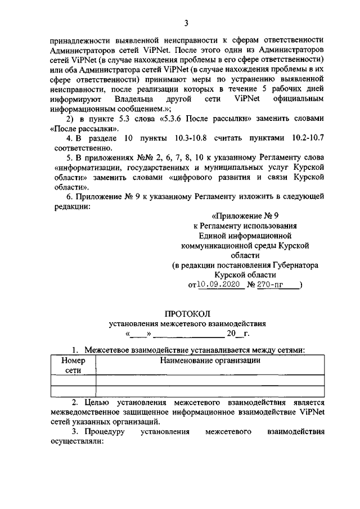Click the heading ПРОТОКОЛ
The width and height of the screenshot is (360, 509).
[187, 313]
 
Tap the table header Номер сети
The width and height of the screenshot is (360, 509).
[73, 365]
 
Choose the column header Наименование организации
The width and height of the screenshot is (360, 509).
[210, 361]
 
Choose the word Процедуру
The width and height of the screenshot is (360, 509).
[102, 433]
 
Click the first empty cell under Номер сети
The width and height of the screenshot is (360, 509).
[73, 381]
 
